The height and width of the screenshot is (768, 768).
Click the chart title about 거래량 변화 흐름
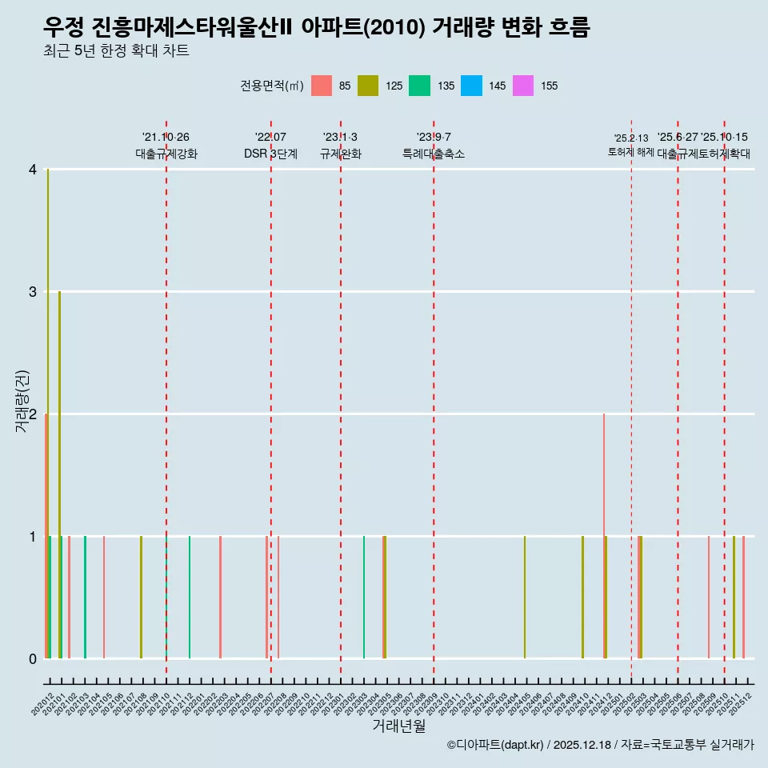[317, 28]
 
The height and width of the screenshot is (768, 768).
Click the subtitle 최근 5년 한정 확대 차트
[117, 52]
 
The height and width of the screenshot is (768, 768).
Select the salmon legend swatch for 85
[321, 86]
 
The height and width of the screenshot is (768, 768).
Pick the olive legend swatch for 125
[368, 86]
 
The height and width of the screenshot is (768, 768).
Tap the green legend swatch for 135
[419, 86]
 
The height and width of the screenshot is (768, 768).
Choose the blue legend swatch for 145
[471, 86]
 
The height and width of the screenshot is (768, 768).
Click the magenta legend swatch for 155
[522, 86]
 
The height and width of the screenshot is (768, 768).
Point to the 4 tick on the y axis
[33, 170]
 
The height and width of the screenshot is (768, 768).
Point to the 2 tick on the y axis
[33, 414]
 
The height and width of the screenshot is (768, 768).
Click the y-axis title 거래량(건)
[22, 401]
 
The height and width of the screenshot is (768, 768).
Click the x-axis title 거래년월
[398, 726]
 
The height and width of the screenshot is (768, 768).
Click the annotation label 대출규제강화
[166, 154]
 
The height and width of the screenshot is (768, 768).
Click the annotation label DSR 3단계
[270, 154]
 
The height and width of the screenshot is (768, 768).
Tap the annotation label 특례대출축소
[433, 154]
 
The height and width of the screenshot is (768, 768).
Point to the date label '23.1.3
[340, 138]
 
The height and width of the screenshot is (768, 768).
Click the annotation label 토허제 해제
[630, 152]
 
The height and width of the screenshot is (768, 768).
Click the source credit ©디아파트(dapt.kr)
[495, 745]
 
